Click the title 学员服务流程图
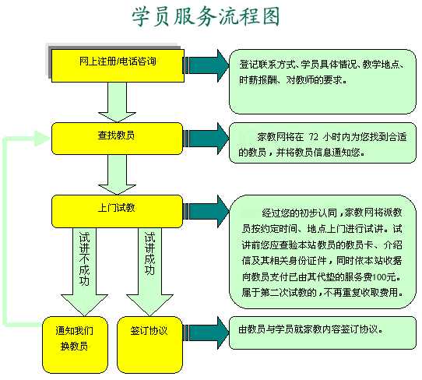[x=206, y=17]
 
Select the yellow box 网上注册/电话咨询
[x=118, y=65]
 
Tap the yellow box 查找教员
[x=117, y=139]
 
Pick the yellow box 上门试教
[x=117, y=212]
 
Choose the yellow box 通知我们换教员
[x=75, y=345]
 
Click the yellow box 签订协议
[x=150, y=345]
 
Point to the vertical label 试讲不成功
[x=84, y=259]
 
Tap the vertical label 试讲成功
[x=149, y=253]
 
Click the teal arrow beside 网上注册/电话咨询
[x=206, y=65]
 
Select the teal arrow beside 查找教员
[x=206, y=139]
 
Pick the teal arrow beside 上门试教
[x=206, y=212]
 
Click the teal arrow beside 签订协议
[x=206, y=333]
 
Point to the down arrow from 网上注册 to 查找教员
[x=117, y=102]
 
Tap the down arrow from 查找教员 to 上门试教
[x=117, y=175]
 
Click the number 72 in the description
[x=313, y=137]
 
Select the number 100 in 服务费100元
[x=379, y=277]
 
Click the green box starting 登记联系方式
[x=322, y=82]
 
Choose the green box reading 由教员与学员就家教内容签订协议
[x=322, y=333]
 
